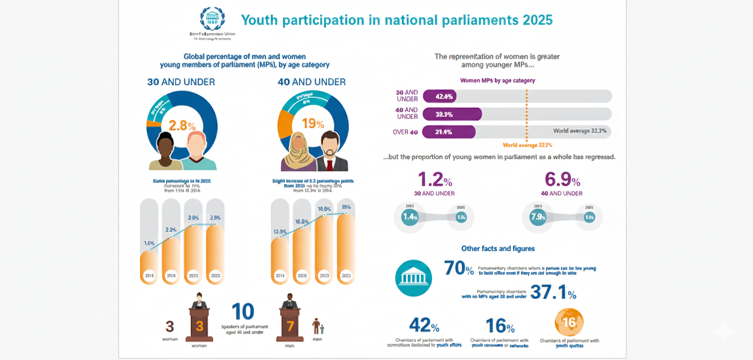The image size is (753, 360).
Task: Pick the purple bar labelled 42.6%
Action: [x=439, y=96]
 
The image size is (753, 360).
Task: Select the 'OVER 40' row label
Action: [x=406, y=132]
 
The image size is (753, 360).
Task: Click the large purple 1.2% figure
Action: [x=434, y=179]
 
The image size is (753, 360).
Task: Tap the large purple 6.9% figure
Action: [x=562, y=179]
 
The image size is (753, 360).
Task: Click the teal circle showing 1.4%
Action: [x=410, y=217]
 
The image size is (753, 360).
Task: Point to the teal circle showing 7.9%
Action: [x=539, y=217]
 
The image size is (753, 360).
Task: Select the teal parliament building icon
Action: [x=413, y=278]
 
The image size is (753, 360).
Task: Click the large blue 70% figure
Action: [x=458, y=268]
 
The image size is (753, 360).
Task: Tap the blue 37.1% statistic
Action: [x=553, y=292]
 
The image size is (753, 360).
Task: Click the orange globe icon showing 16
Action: [x=569, y=322]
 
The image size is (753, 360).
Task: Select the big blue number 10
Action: [x=243, y=311]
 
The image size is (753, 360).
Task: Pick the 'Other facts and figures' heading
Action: [x=498, y=249]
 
